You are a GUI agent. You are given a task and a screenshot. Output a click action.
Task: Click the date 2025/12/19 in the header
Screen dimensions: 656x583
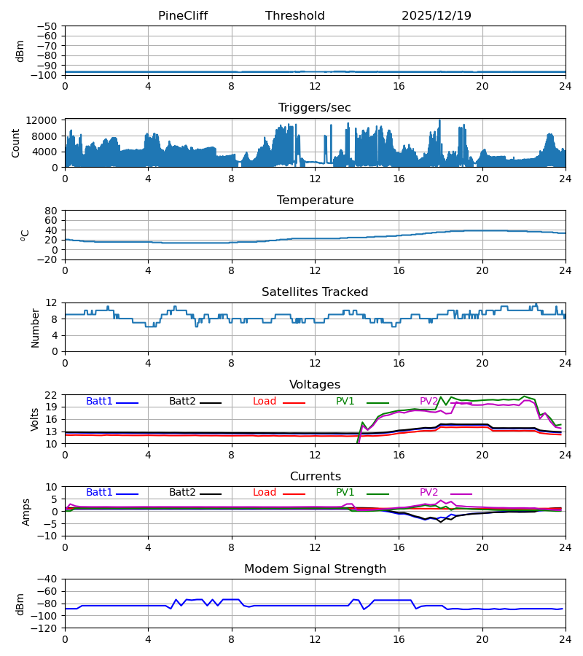coord(437,16)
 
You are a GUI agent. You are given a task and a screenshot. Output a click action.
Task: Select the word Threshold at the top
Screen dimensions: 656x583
coord(295,16)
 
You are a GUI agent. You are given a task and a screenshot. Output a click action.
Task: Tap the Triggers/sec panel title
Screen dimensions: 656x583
coord(315,108)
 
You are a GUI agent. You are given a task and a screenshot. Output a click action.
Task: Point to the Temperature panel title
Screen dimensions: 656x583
coord(315,200)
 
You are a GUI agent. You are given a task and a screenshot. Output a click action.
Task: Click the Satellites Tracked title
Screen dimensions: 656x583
coord(315,292)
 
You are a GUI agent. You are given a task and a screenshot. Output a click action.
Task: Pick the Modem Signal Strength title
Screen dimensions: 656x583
coord(315,569)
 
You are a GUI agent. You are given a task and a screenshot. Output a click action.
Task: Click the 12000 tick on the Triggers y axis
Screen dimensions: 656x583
coord(46,120)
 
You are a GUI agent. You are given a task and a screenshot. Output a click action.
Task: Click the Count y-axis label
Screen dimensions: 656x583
coord(16,143)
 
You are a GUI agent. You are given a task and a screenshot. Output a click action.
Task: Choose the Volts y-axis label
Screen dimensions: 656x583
coord(35,419)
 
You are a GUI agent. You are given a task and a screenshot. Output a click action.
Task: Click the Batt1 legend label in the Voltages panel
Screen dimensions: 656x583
coord(100,402)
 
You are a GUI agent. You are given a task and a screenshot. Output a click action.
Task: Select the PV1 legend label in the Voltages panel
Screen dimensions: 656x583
coord(345,402)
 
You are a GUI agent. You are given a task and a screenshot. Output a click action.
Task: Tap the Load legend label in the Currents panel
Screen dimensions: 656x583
coord(265,493)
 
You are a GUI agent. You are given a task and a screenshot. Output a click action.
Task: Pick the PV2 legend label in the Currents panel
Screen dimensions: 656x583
coord(429,493)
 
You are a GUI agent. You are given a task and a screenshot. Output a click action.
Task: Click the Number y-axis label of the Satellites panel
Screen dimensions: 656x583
coord(35,327)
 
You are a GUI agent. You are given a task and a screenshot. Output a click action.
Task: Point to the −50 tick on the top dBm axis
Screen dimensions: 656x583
coord(46,26)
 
